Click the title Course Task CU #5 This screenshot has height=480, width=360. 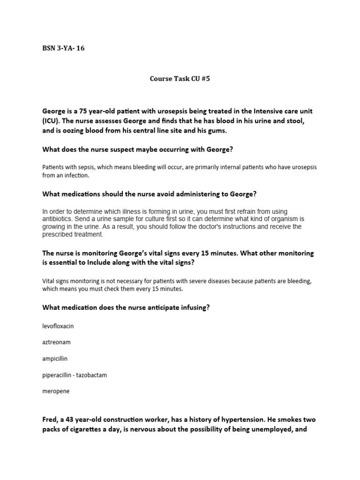tap(180, 79)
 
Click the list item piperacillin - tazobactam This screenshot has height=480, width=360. tap(75, 375)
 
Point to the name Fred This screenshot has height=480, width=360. tap(50, 420)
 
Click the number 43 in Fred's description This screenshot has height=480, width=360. tap(72, 420)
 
